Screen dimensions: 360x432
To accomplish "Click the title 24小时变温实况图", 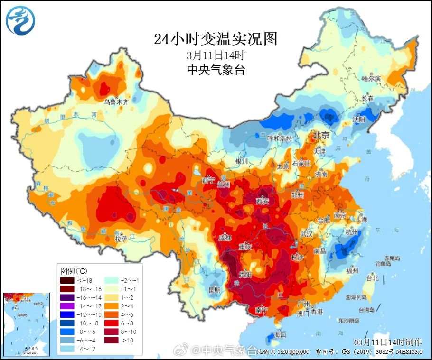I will click(216, 39).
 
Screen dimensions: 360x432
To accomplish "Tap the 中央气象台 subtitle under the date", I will click(216, 70).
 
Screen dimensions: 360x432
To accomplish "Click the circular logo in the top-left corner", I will click(20, 20).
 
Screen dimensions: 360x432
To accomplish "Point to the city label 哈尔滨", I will click(371, 78).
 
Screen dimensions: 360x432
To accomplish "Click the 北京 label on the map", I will click(320, 136).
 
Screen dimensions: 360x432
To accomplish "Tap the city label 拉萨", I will click(122, 239).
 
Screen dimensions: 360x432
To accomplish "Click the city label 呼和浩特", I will click(280, 138).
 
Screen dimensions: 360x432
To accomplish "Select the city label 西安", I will click(263, 201).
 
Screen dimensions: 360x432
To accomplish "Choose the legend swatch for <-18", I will click(66, 281).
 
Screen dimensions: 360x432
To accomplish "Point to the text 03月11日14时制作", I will click(387, 342).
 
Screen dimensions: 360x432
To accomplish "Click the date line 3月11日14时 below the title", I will click(216, 55).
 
